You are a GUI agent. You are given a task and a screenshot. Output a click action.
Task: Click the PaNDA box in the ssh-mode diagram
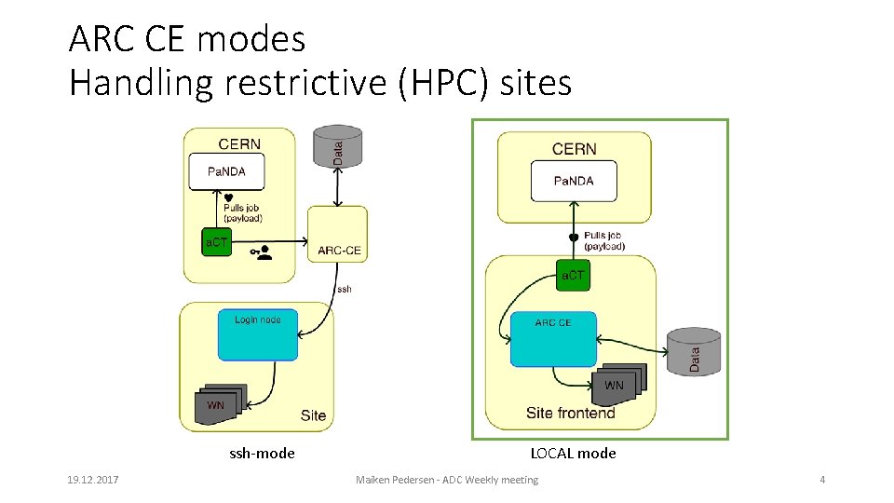pyautogui.click(x=226, y=171)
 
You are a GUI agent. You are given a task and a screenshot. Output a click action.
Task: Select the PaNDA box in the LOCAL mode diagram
pyautogui.click(x=574, y=181)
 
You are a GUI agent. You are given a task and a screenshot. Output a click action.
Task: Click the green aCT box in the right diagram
pyautogui.click(x=574, y=275)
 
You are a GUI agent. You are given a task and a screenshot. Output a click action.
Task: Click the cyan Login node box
pyautogui.click(x=258, y=334)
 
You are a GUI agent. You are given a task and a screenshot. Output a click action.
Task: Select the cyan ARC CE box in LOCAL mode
pyautogui.click(x=553, y=339)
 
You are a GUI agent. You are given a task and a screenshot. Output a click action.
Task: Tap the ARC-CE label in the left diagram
pyautogui.click(x=339, y=250)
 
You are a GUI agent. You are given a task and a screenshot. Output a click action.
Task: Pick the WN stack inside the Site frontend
pyautogui.click(x=618, y=383)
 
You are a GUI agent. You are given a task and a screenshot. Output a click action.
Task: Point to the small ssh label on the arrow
pyautogui.click(x=345, y=289)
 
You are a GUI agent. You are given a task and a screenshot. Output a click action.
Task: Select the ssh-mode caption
pyautogui.click(x=262, y=454)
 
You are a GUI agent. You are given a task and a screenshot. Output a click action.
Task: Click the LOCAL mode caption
pyautogui.click(x=573, y=454)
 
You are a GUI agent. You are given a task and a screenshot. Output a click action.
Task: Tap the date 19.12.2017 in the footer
pyautogui.click(x=92, y=480)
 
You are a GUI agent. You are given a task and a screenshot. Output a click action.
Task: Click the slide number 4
pyautogui.click(x=822, y=480)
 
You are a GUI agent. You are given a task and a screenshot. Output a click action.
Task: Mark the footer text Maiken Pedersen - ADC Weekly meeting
pyautogui.click(x=447, y=480)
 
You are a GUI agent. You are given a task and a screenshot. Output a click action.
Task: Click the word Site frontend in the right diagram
pyautogui.click(x=570, y=413)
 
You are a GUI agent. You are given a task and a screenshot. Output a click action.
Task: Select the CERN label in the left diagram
pyautogui.click(x=239, y=144)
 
